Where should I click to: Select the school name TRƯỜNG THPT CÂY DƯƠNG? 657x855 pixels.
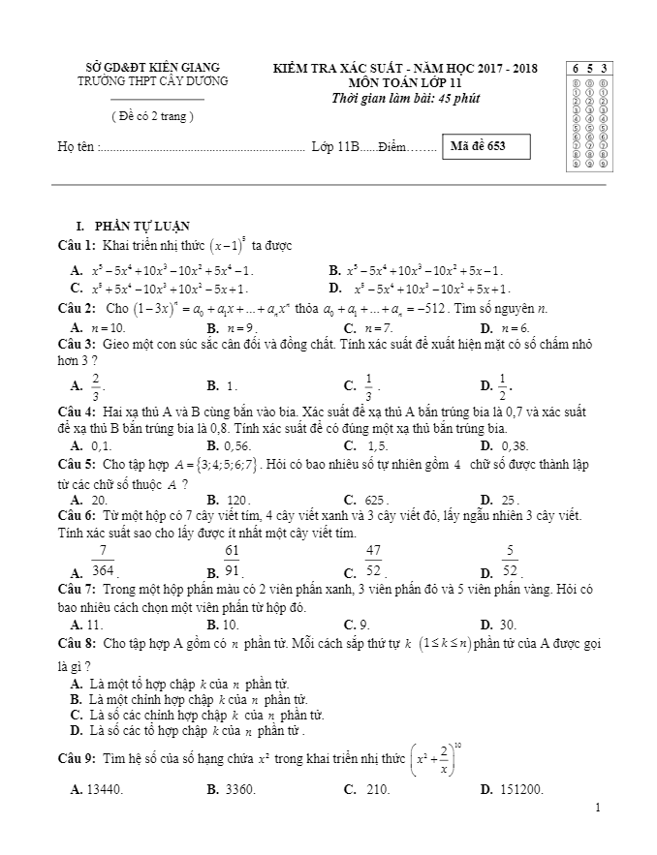coord(153,81)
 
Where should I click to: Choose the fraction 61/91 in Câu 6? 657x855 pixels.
coord(231,561)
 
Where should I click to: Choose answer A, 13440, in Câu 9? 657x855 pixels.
coord(105,790)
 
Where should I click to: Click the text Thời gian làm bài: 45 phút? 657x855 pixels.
coord(406,98)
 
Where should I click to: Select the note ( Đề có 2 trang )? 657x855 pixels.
coord(153,116)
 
